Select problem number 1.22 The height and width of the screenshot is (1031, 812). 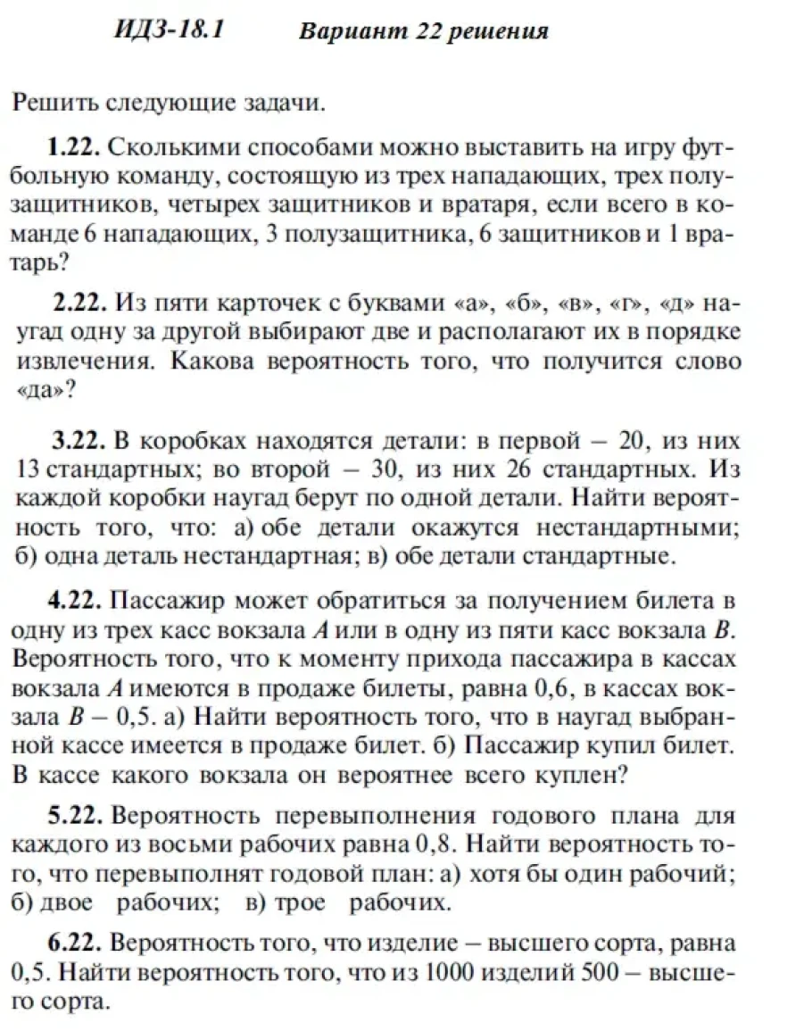point(75,146)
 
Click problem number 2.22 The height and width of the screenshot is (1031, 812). point(81,303)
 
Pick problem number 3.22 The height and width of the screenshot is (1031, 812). point(79,440)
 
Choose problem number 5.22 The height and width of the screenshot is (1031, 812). point(77,817)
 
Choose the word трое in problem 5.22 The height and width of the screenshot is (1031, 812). point(302,903)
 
